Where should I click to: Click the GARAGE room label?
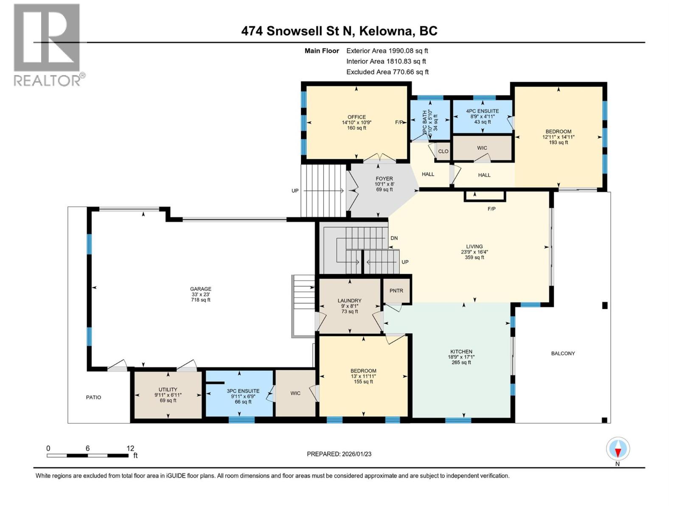coord(201,289)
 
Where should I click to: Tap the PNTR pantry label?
coord(396,291)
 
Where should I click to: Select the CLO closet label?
coord(443,151)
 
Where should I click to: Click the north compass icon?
coord(618,449)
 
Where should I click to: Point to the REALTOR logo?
coord(47,45)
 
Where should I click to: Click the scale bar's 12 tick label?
coord(130,448)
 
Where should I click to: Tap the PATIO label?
coord(94,397)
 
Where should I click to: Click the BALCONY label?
coord(563,353)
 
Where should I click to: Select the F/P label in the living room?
coord(491,209)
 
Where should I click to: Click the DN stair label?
coord(394,238)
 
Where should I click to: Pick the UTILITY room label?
coord(168,389)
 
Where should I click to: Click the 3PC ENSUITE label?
coord(243,391)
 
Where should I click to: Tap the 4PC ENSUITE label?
coord(483,111)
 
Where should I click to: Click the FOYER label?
coord(384,179)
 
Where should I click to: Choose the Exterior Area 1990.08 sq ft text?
coord(387,50)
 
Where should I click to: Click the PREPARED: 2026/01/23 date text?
coord(339,454)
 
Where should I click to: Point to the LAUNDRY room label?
coord(350,300)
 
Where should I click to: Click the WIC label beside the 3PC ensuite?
coord(295,393)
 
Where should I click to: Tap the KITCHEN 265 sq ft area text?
coord(461,362)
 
